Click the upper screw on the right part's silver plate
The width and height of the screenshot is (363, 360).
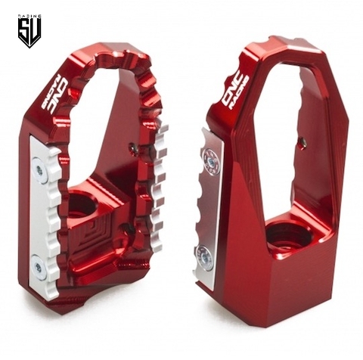[x=212, y=159]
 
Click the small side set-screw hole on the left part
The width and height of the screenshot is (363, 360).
[x=134, y=150]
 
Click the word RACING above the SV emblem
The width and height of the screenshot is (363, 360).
[x=29, y=14]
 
